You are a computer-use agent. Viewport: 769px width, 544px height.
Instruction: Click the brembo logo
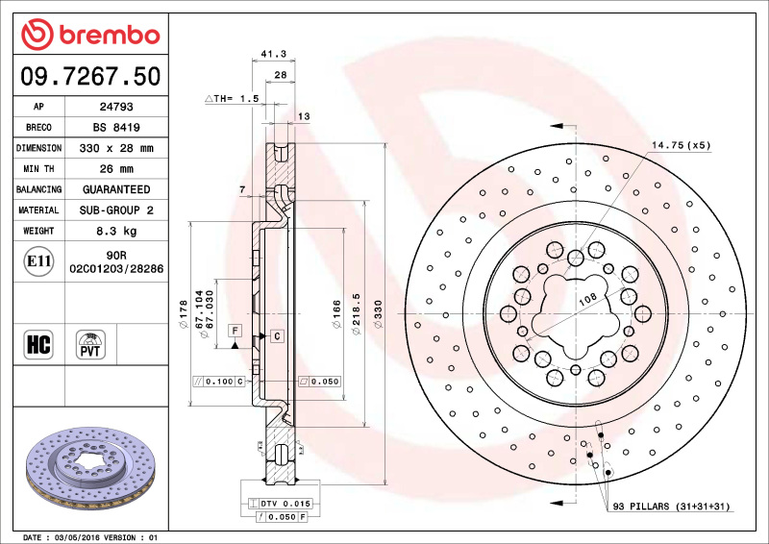pos(90,36)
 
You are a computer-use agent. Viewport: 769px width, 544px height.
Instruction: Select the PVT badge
pos(90,344)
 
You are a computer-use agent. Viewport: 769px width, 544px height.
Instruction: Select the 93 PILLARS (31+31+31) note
pos(673,507)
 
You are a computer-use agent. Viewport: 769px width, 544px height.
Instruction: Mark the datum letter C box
pos(276,335)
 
